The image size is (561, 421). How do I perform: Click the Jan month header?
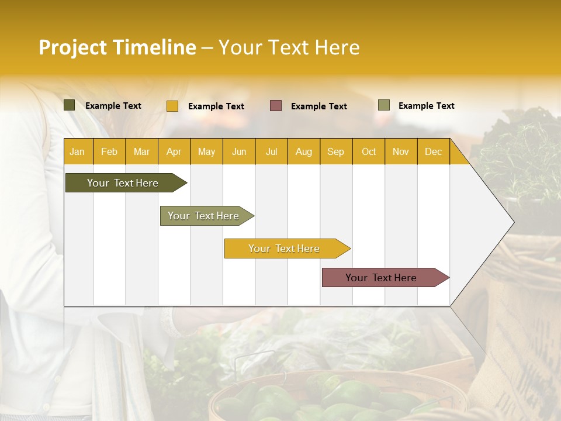coord(77,151)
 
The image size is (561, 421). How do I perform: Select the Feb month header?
coord(109,151)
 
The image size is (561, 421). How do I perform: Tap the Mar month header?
coord(141,151)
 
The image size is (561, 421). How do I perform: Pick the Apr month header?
coord(174,151)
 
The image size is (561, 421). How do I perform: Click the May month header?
coord(206,151)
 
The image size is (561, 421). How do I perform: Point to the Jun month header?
coord(239,151)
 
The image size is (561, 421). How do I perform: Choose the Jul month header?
coord(271,151)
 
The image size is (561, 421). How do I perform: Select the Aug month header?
coord(304,151)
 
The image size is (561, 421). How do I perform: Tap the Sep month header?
coord(336,151)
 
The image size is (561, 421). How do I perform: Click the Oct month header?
coord(369,151)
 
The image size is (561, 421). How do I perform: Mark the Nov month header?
coord(401,151)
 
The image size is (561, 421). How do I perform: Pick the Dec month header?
coord(434,151)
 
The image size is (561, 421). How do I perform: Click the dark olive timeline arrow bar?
coord(123,183)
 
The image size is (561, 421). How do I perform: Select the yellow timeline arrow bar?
coord(285,249)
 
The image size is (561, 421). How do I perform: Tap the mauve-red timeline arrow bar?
coord(382,278)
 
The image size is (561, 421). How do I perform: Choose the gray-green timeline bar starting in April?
coord(204,216)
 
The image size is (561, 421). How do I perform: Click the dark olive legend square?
coord(70,105)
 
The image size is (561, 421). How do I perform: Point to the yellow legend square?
coord(172,106)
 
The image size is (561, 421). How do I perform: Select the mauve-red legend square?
coord(276,106)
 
